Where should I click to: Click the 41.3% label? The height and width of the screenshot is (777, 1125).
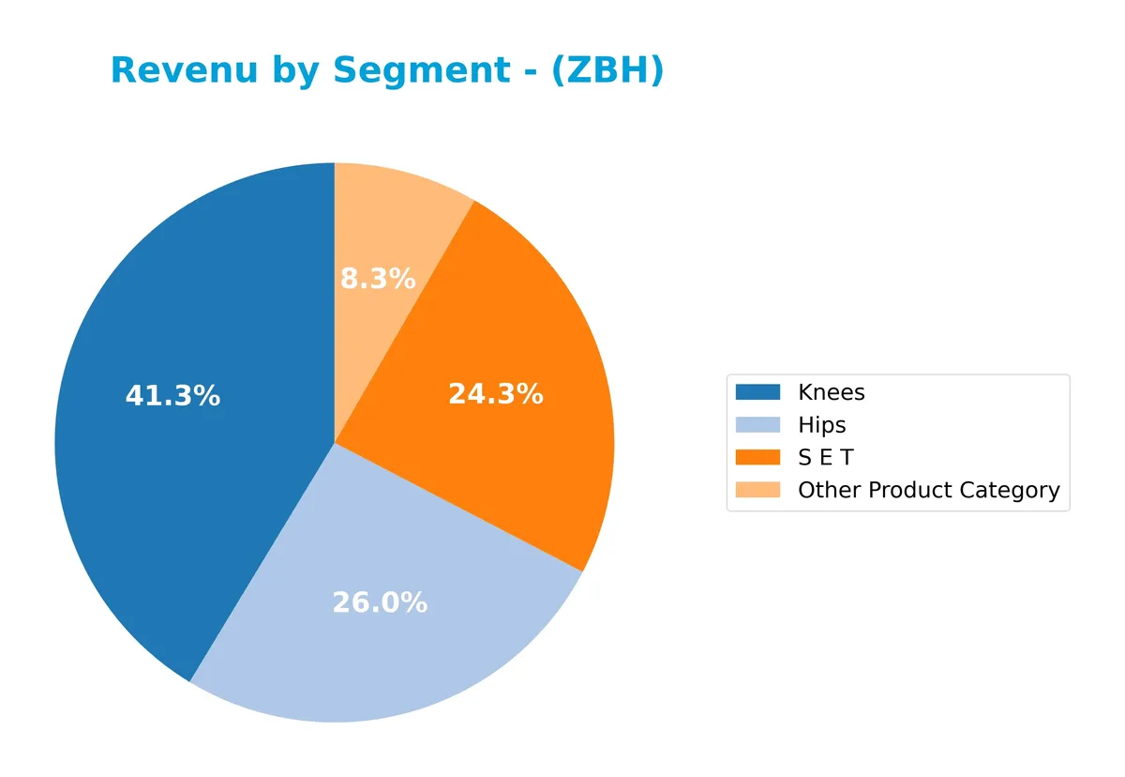(172, 396)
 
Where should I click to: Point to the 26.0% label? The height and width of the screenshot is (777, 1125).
(380, 602)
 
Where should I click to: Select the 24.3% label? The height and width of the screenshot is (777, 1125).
(495, 394)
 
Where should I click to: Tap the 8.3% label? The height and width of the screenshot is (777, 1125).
(377, 279)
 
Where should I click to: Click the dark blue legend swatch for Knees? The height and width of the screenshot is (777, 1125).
(757, 392)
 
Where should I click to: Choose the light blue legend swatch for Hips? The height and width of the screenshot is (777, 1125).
(757, 425)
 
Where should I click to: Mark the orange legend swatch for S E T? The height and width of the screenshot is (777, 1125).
(757, 458)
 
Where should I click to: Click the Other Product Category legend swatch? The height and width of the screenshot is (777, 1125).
(757, 490)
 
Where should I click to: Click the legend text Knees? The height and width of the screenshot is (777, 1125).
(832, 392)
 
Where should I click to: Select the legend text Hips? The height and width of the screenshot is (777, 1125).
(821, 425)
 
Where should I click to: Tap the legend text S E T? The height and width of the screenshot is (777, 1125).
(825, 458)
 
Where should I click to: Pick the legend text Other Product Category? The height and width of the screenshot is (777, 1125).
(928, 490)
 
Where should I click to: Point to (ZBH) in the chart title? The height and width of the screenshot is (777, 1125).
(607, 70)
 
